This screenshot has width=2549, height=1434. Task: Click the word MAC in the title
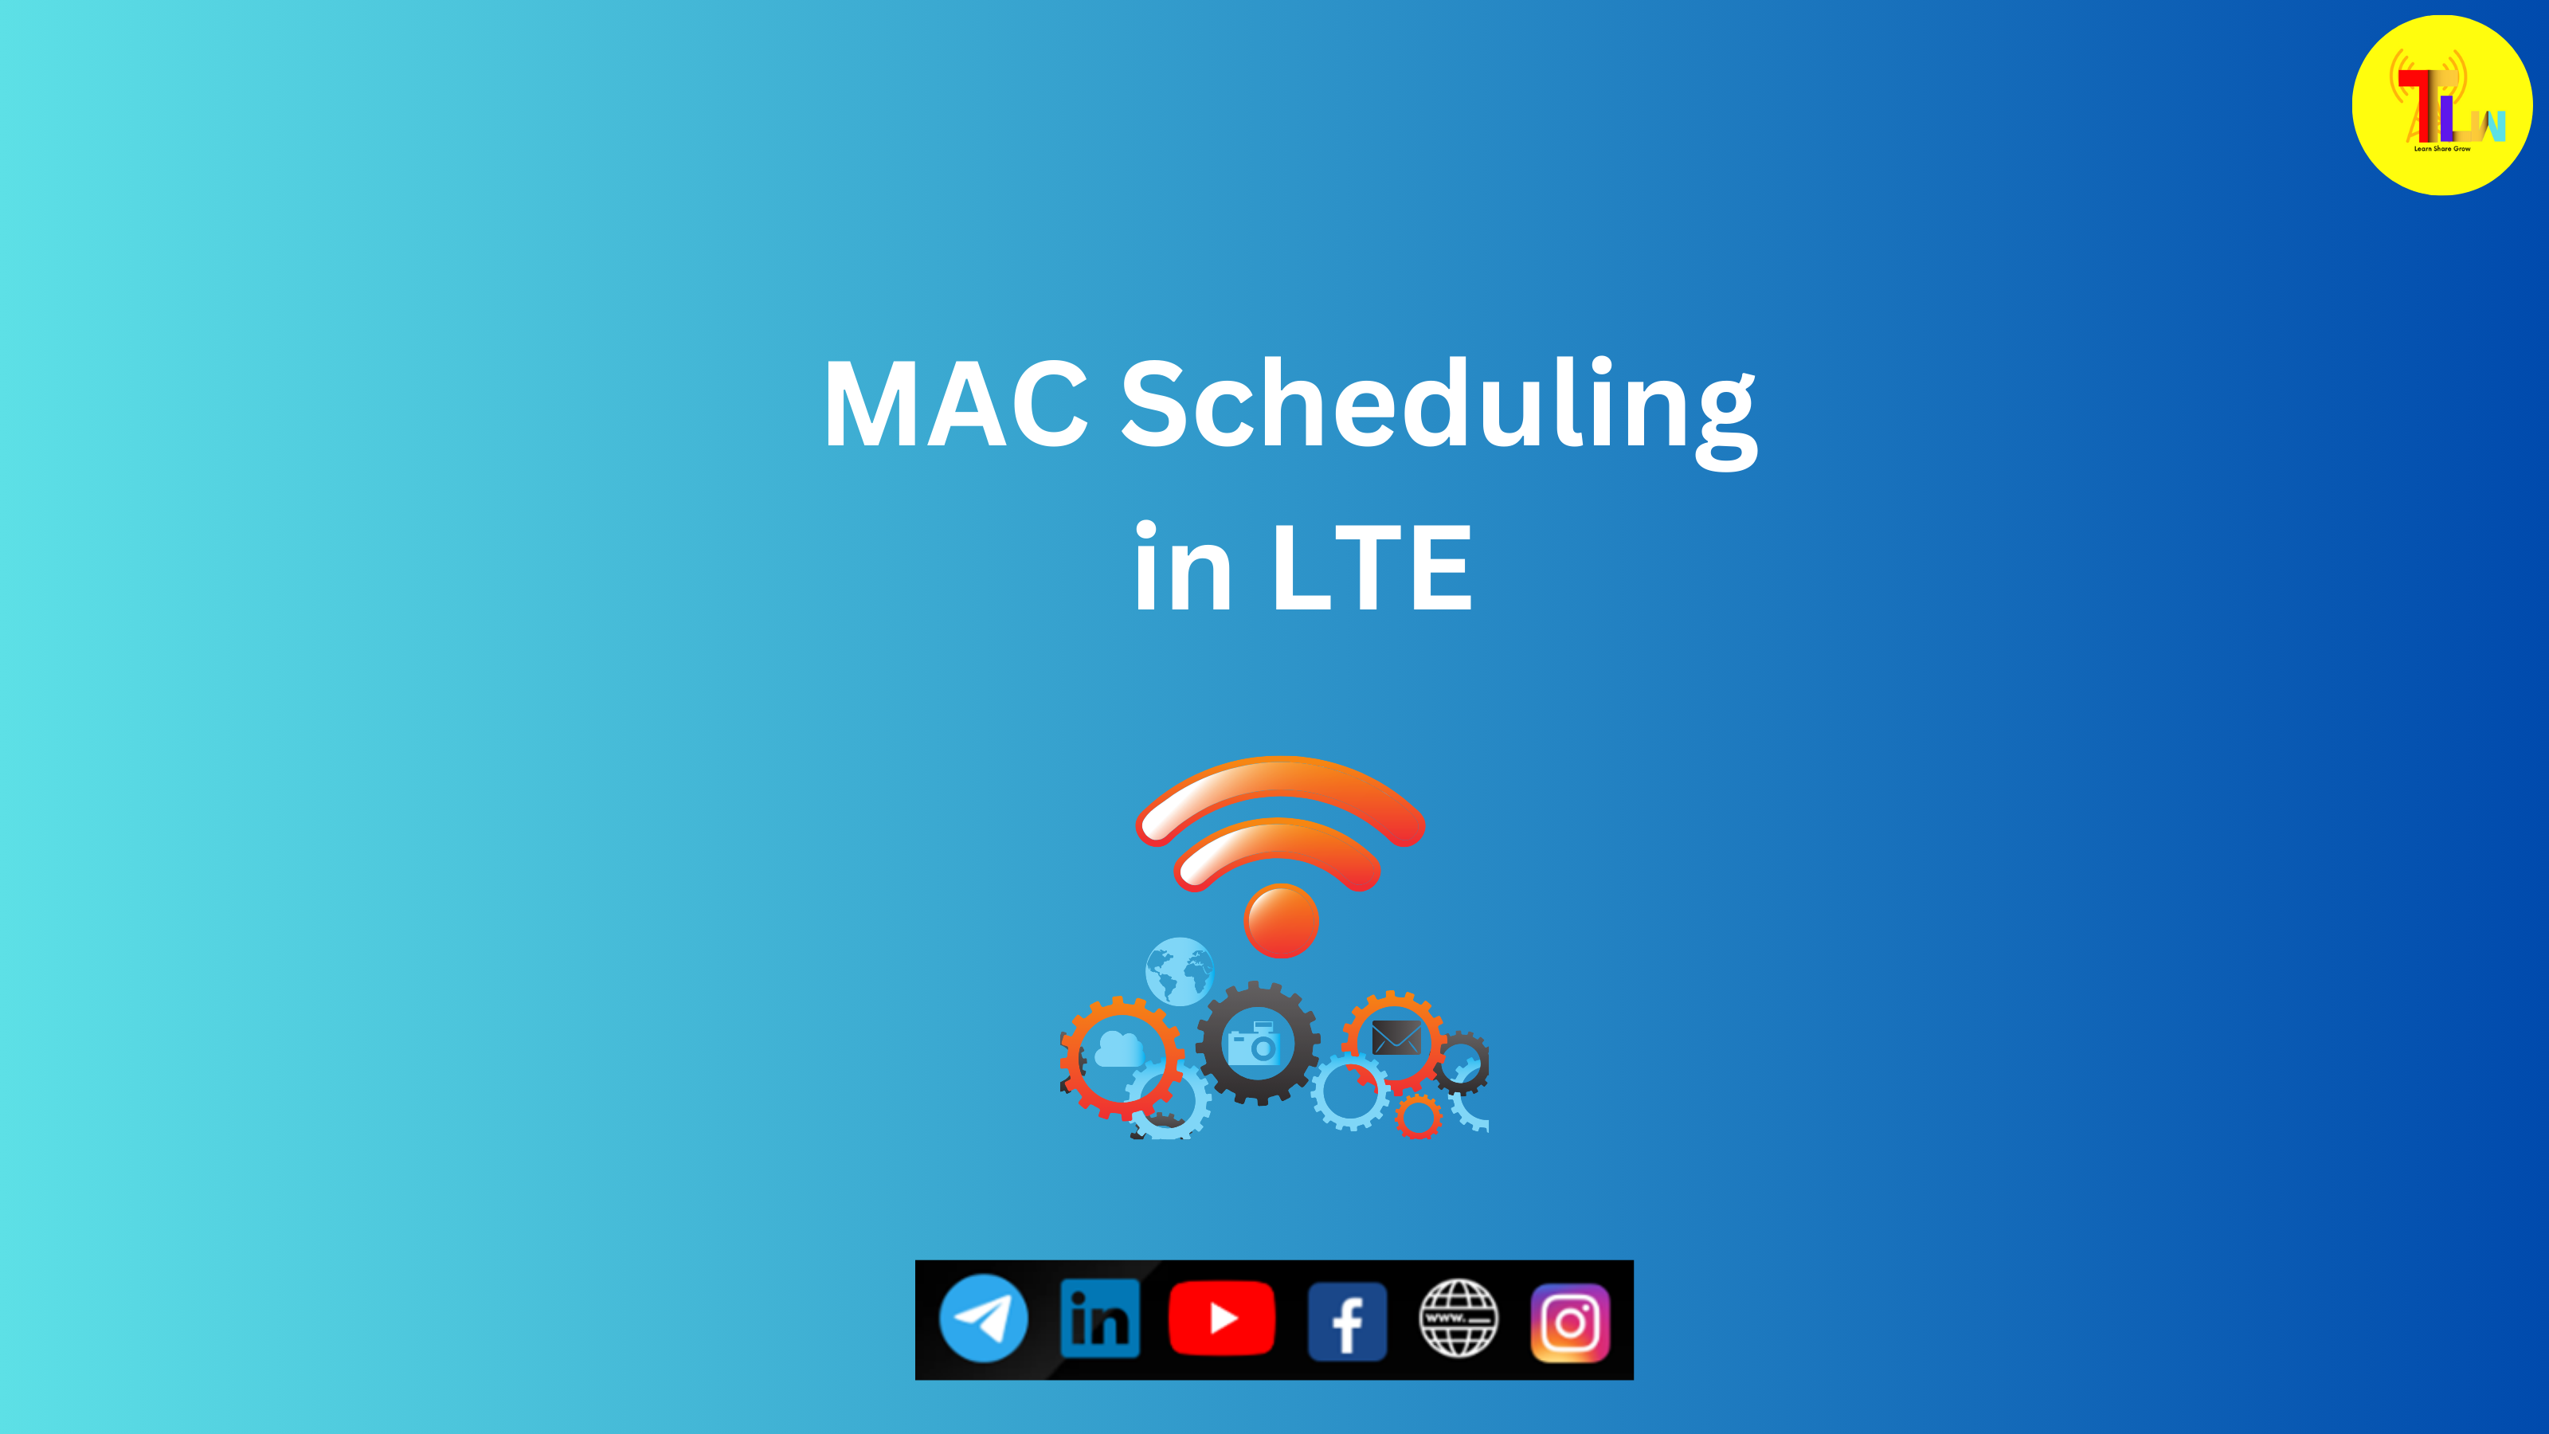(x=956, y=405)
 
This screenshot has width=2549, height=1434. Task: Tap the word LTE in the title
(x=1372, y=568)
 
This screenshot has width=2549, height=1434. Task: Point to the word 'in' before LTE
(x=1184, y=568)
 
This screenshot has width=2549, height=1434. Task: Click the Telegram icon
(x=983, y=1318)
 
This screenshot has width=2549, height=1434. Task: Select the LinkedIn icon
(x=1099, y=1319)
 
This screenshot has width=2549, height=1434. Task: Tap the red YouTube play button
(x=1222, y=1318)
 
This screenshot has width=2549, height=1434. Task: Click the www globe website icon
(x=1459, y=1318)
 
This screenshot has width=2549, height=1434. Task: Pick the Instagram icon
(x=1570, y=1322)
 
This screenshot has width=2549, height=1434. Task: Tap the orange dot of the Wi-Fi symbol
(x=1282, y=920)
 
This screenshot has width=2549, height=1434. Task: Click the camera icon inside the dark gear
(x=1255, y=1044)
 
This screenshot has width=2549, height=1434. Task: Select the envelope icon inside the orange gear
(x=1396, y=1038)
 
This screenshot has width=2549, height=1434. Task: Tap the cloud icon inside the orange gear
(x=1119, y=1049)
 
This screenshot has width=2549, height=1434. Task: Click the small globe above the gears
(x=1179, y=971)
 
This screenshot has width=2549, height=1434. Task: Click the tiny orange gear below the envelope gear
(x=1418, y=1116)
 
